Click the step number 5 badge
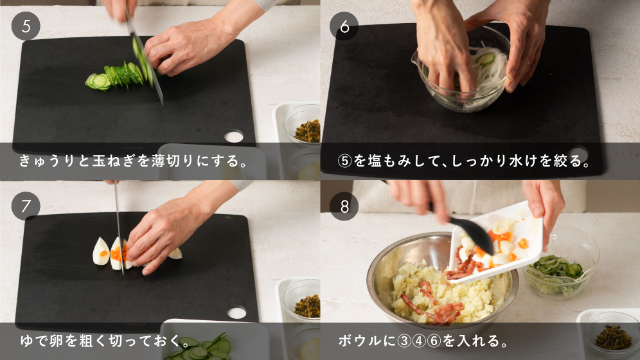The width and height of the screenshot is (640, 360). (x=26, y=26)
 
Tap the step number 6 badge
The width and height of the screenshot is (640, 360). (x=344, y=26)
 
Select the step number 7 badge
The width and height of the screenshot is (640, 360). (x=26, y=206)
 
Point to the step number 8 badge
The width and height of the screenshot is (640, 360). (x=344, y=206)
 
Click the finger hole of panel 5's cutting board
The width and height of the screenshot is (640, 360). (x=233, y=136)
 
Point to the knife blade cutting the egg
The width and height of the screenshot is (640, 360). (x=119, y=229)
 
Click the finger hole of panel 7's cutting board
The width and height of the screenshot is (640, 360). (x=236, y=312)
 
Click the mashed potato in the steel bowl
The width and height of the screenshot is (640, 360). (x=441, y=294)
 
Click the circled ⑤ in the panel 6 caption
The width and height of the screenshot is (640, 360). (x=345, y=161)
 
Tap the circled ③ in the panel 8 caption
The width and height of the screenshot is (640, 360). (x=404, y=341)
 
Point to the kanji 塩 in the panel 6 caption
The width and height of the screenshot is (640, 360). (x=374, y=161)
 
